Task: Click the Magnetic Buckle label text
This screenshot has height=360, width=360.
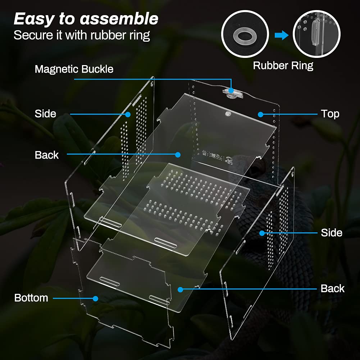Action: click(x=74, y=69)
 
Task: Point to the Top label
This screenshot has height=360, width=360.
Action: click(x=330, y=114)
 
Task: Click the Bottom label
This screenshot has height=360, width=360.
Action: click(x=31, y=298)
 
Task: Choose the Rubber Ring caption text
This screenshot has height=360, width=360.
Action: click(x=283, y=66)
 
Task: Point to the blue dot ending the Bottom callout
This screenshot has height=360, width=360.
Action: click(x=95, y=298)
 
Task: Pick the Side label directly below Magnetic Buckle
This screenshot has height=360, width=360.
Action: click(x=45, y=114)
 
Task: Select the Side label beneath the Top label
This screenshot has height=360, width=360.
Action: click(x=331, y=233)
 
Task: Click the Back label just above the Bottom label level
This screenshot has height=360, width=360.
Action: click(x=332, y=288)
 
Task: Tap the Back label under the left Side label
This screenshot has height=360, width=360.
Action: click(x=47, y=155)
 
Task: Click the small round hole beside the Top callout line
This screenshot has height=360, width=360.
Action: click(x=228, y=114)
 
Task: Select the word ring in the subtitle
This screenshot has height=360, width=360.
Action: click(x=140, y=36)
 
